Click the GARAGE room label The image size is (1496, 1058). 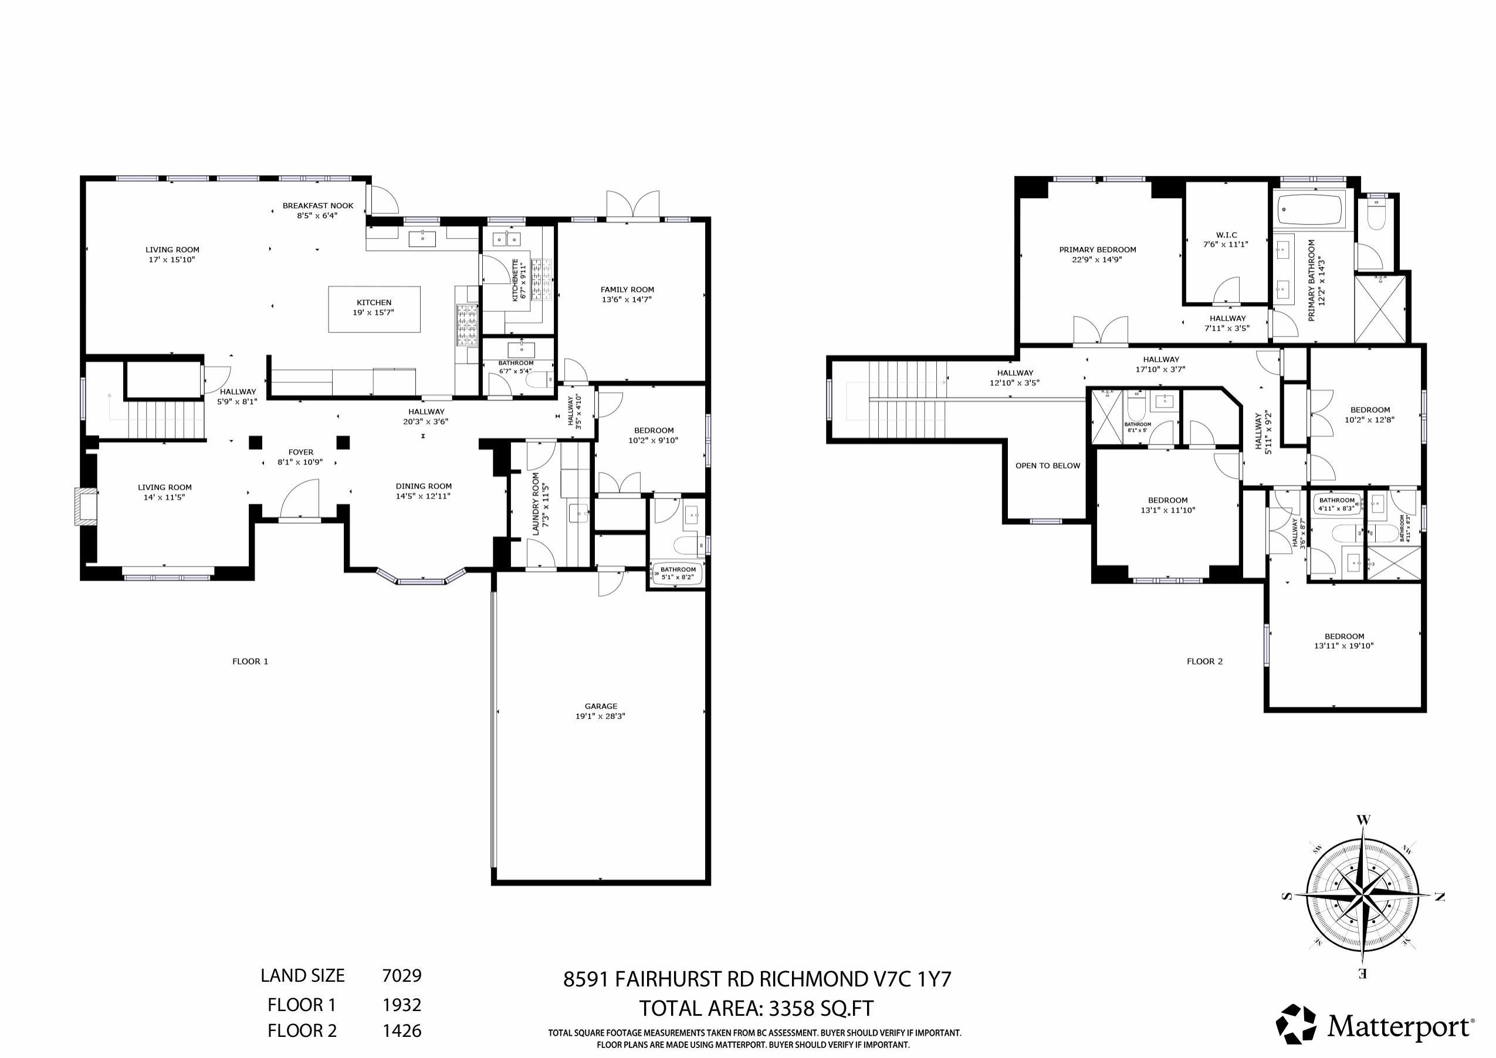pos(600,706)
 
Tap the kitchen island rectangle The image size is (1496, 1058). pos(374,309)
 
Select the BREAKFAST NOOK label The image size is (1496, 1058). pos(317,206)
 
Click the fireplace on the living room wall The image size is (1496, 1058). pos(84,507)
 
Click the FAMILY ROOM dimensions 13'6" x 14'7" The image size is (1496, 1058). pos(627,300)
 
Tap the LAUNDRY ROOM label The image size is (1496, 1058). pos(536,504)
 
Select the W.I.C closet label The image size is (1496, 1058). pos(1226,235)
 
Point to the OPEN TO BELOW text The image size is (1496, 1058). pos(1047,466)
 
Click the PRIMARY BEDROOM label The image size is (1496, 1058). pos(1097,249)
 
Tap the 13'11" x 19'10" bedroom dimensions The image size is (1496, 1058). pos(1343,646)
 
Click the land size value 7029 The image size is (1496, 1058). pos(401,975)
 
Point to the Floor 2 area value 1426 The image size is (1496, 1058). pos(401,1030)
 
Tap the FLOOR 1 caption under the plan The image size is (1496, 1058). pos(250,662)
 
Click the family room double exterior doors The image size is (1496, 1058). pos(632,205)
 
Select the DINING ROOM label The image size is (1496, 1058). pos(424,486)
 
